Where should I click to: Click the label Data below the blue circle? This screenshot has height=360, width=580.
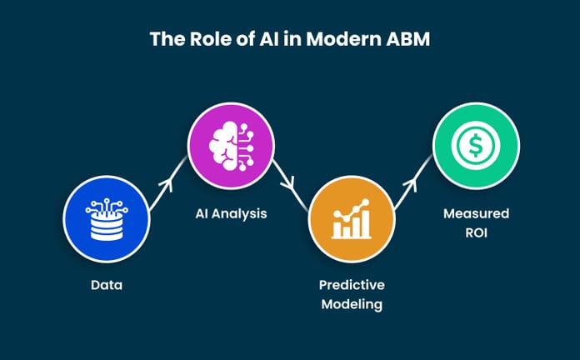106,285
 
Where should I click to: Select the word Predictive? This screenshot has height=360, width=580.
351,285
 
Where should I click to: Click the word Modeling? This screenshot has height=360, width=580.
351,304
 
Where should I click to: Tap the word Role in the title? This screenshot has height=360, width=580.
198,39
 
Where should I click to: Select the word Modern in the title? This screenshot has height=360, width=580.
345,39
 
